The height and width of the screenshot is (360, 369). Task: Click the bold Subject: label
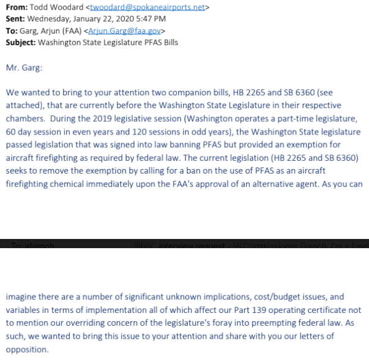20,42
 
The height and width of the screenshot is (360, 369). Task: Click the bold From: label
16,7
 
